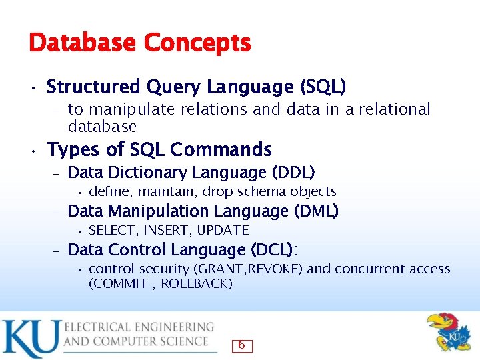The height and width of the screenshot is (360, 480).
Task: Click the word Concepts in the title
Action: pos(197,44)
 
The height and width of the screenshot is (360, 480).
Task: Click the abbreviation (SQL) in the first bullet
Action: pos(323,87)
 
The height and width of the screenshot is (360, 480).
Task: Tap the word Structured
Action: pos(93,87)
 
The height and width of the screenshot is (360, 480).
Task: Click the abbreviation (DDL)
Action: pos(293,173)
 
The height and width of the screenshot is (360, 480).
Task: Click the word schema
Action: pos(261,192)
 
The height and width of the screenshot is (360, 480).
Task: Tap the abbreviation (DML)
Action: pos(315,211)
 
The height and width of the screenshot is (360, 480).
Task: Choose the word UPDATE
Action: pos(223,231)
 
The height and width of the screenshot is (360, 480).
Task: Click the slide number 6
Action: pos(241,345)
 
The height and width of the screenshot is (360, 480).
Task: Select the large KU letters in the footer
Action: pos(30,339)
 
